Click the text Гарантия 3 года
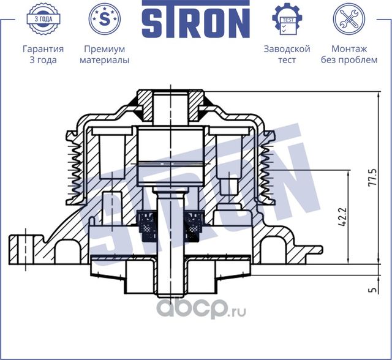pyautogui.click(x=43, y=54)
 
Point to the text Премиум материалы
pyautogui.click(x=105, y=54)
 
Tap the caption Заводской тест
pyautogui.click(x=287, y=54)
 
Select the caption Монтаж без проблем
pyautogui.click(x=349, y=54)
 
